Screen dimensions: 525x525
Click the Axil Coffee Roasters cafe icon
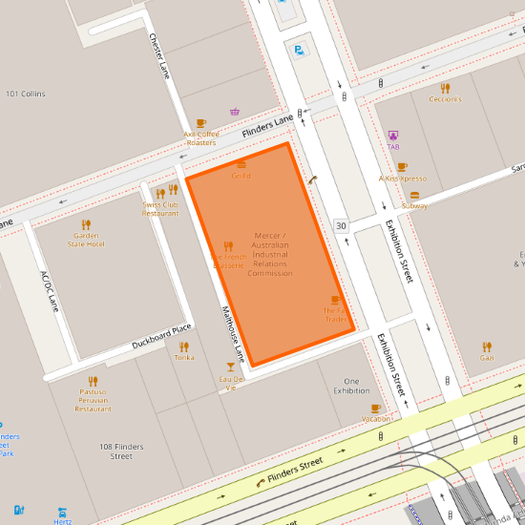coord(200,123)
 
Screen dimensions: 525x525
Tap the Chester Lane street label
coord(158,56)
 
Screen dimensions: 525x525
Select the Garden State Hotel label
coord(86,239)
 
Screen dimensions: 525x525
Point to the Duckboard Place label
coord(162,335)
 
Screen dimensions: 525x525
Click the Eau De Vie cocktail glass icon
coord(230,367)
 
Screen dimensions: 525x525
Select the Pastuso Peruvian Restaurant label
coord(94,399)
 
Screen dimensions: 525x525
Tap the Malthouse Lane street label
coord(234,334)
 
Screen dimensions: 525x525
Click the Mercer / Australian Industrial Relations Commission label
coord(269,254)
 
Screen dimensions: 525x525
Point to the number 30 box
coord(341,225)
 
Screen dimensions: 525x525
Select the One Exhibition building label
coord(350,386)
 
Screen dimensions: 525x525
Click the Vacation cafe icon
coord(375,409)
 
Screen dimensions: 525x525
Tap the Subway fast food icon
coord(414,194)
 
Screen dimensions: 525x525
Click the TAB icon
coord(393,136)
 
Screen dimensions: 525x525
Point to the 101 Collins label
coord(27,94)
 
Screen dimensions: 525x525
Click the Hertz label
coord(62,521)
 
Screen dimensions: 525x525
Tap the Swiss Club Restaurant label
coord(160,208)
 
